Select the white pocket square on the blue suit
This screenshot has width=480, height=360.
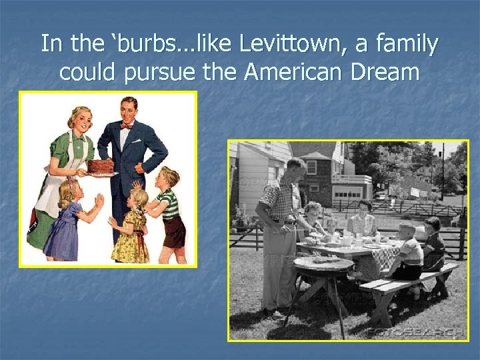(136, 141)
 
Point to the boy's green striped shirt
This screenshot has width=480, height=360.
(169, 204)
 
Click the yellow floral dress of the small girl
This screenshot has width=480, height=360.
(131, 237)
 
